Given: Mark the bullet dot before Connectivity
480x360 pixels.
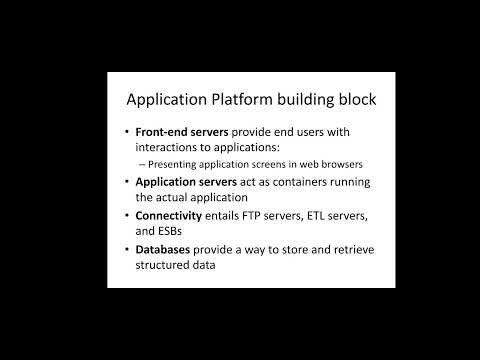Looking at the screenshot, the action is click(x=128, y=215).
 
